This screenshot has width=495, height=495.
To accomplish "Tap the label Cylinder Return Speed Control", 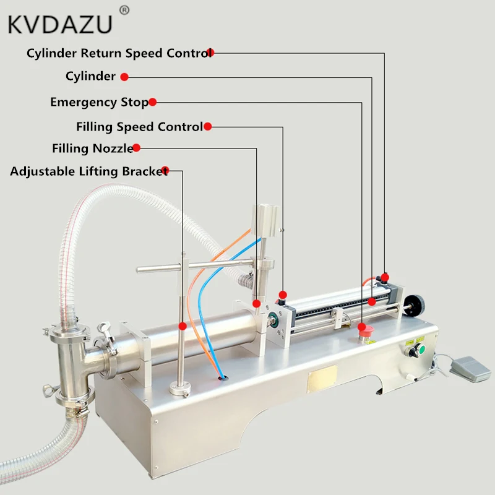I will tap(118, 53).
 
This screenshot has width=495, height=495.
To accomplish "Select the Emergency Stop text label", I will tap(99, 102).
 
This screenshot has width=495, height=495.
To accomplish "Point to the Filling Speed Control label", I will tap(139, 127).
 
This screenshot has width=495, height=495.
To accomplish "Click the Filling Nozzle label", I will tap(92, 148).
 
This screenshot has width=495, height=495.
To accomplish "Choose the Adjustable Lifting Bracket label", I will tap(88, 171).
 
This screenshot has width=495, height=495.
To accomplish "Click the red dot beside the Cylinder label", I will tap(124, 77).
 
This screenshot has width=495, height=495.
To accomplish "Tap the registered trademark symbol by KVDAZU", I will tap(124, 10).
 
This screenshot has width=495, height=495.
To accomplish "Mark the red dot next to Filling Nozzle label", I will tap(137, 147).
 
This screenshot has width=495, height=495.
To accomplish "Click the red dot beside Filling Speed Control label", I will tap(208, 126).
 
